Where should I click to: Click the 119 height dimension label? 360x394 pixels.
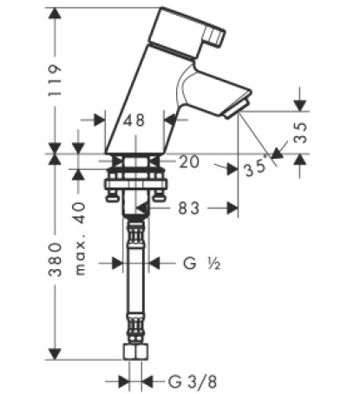coord(55,81)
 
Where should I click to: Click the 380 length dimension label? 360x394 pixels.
coord(55,259)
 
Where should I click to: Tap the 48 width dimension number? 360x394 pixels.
coord(134,120)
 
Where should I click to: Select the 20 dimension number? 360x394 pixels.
coord(189,161)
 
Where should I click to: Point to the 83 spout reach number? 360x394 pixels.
coord(188,208)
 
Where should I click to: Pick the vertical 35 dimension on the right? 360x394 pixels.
coord(300,133)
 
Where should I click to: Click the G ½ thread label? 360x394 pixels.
coord(202,264)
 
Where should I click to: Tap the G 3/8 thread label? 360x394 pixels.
coord(193,382)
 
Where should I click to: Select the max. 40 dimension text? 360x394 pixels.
coord(80,239)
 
